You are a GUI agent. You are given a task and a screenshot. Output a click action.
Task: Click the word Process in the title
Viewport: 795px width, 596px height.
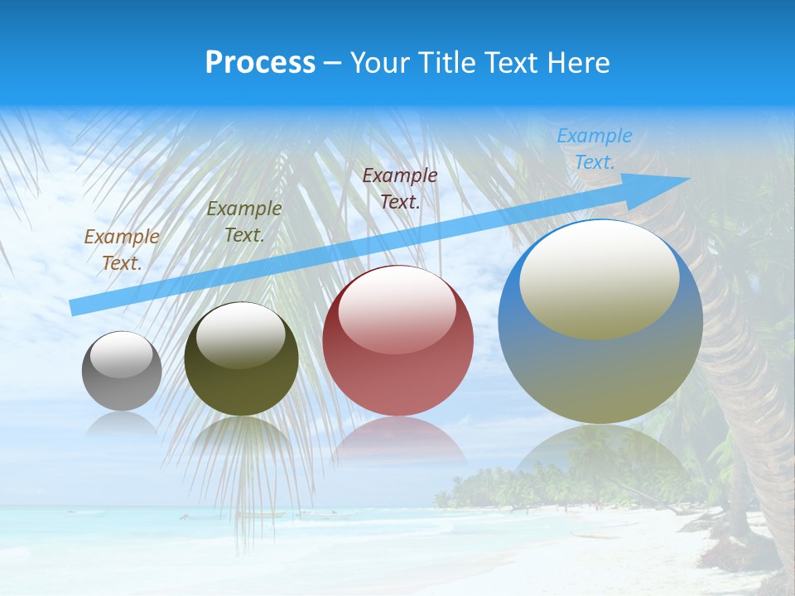[260, 63]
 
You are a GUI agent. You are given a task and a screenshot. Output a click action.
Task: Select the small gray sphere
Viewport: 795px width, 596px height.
[122, 371]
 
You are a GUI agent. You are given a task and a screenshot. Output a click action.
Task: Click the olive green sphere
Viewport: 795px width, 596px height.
[241, 359]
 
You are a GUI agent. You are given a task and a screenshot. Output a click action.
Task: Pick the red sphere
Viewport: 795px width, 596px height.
[397, 340]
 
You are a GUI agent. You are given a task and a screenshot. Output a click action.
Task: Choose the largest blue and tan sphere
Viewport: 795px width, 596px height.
[600, 321]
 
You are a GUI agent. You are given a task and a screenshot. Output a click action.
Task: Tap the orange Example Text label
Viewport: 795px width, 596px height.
[122, 249]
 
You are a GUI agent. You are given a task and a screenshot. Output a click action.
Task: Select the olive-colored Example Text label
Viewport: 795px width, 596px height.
[243, 221]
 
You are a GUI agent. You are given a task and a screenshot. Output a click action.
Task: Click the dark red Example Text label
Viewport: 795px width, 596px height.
[399, 188]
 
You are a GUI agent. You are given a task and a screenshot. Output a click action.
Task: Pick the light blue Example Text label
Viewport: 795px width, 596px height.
[594, 148]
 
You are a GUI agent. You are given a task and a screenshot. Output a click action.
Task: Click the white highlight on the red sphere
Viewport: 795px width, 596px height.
[397, 308]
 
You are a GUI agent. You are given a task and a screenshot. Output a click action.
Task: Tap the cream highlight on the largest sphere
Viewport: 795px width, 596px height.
[599, 280]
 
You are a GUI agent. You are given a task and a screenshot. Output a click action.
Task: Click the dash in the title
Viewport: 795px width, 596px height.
[333, 63]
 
